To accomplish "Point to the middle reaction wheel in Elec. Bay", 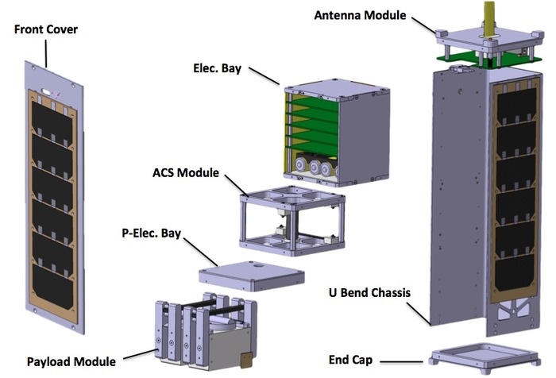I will coord(317,168).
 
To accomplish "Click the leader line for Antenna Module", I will coord(422,23).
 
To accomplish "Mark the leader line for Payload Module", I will coord(135,354).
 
